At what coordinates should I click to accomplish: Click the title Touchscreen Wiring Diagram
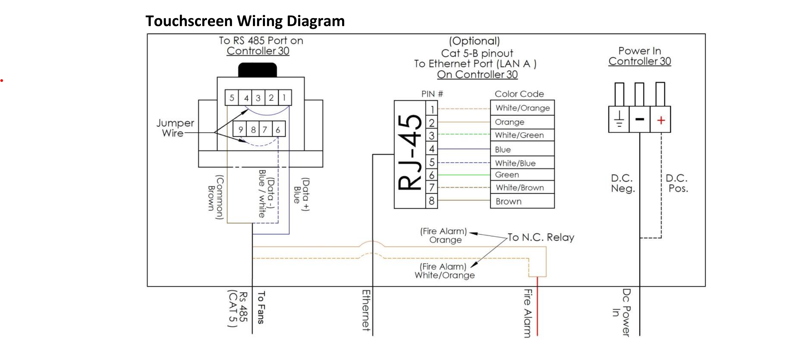pyautogui.click(x=245, y=21)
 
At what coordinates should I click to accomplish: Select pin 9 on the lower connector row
pyautogui.click(x=240, y=129)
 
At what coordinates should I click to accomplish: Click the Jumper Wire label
pyautogui.click(x=175, y=128)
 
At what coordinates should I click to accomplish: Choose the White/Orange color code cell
pyautogui.click(x=522, y=108)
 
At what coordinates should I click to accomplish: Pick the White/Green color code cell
pyautogui.click(x=522, y=135)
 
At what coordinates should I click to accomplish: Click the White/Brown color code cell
pyautogui.click(x=522, y=187)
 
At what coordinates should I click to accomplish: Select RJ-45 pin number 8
pyautogui.click(x=431, y=201)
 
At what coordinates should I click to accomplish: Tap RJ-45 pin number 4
pyautogui.click(x=431, y=149)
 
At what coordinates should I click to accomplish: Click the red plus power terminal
pyautogui.click(x=661, y=120)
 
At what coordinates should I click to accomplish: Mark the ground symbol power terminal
pyautogui.click(x=619, y=119)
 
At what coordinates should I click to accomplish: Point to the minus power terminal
pyautogui.click(x=640, y=119)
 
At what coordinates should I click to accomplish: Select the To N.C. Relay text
pyautogui.click(x=541, y=237)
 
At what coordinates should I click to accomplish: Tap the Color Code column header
pyautogui.click(x=519, y=94)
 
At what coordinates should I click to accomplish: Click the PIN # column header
pyautogui.click(x=432, y=94)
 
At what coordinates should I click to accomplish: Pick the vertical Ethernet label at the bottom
pyautogui.click(x=366, y=310)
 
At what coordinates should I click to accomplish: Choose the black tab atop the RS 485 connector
pyautogui.click(x=258, y=70)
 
